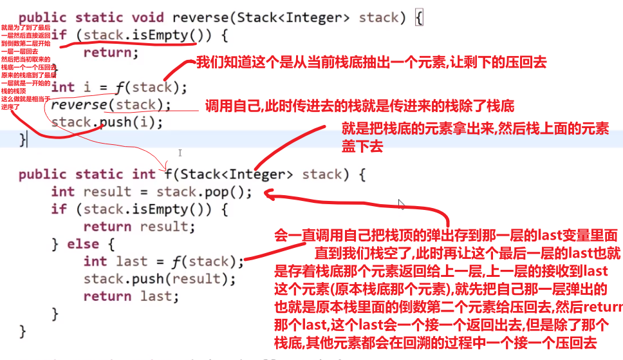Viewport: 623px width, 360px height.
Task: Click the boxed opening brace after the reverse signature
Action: [419, 18]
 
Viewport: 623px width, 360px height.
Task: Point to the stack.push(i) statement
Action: [107, 122]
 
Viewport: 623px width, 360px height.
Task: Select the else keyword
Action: [100, 244]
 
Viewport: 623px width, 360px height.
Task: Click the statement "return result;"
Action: [139, 227]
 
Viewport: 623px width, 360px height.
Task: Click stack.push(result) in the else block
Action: [160, 279]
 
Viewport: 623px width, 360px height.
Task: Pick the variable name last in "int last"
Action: [131, 261]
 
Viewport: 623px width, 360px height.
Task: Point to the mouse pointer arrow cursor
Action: [402, 204]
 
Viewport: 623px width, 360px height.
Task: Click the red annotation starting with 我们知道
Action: [371, 62]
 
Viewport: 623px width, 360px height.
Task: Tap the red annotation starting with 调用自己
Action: [359, 105]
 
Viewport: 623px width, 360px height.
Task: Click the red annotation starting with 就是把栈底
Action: [474, 137]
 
